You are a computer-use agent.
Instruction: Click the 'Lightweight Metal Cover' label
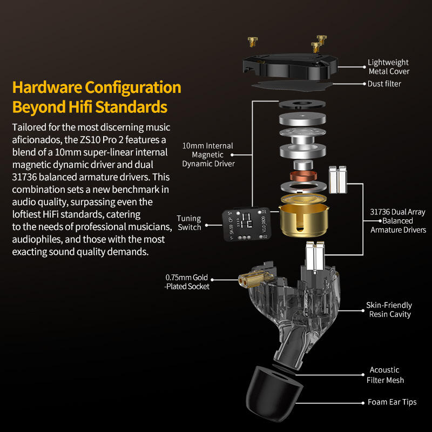click(x=388, y=66)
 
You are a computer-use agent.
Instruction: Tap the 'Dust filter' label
click(x=384, y=84)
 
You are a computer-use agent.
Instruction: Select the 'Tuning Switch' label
click(x=189, y=222)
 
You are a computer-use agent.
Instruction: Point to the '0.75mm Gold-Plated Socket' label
click(x=187, y=282)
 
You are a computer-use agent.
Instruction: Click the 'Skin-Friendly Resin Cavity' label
click(x=389, y=309)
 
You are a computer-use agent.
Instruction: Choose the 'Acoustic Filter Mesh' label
click(x=385, y=375)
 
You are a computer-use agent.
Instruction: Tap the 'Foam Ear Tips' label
click(x=392, y=402)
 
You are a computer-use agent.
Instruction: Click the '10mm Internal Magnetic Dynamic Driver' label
click(x=208, y=154)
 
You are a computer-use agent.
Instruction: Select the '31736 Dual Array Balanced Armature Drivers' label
click(x=398, y=221)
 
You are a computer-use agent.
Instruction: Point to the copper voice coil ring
click(x=303, y=176)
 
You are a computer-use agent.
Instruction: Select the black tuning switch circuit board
click(x=247, y=224)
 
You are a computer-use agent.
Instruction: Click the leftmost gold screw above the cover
click(x=252, y=42)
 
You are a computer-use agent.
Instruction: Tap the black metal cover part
click(x=290, y=66)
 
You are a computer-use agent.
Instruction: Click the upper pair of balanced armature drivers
click(x=338, y=180)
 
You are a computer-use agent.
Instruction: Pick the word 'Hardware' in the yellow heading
click(x=47, y=87)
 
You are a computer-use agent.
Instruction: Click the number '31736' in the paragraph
click(x=24, y=177)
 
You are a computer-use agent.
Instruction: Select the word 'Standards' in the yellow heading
click(x=131, y=107)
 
